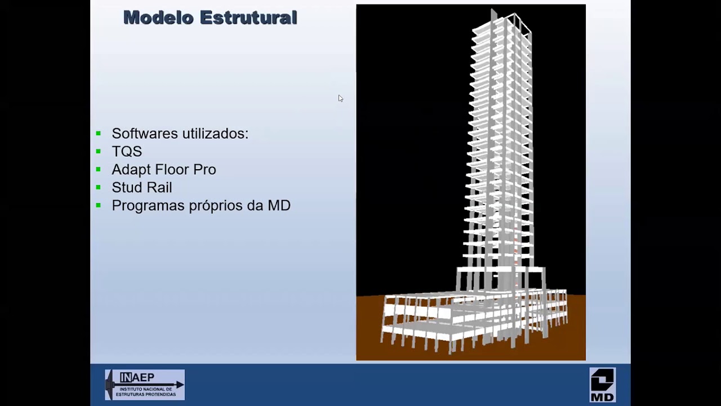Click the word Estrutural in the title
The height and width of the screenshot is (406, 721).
tap(248, 18)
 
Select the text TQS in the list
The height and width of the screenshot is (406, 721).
tap(127, 152)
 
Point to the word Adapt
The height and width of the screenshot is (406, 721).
tap(131, 170)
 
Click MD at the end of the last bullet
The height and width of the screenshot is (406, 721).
tap(279, 206)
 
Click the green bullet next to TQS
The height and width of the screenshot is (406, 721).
tap(99, 151)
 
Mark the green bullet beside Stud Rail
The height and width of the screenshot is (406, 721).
tap(99, 187)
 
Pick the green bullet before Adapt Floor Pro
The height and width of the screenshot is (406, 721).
tap(99, 169)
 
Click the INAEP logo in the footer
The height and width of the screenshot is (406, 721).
tap(145, 385)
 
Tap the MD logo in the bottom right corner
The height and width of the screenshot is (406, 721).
tap(602, 385)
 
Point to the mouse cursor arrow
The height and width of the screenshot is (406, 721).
tap(340, 98)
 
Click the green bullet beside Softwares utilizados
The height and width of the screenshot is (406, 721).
tap(99, 133)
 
